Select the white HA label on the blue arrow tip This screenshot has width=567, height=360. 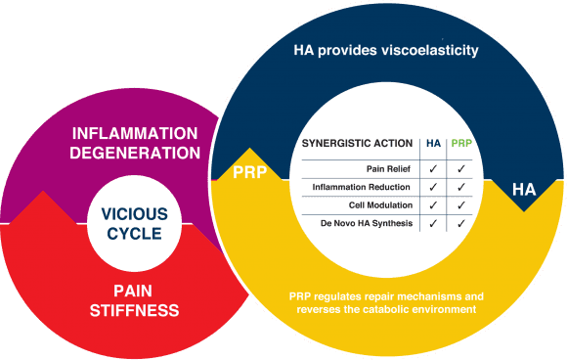(524, 190)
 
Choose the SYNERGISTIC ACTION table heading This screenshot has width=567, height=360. (360, 143)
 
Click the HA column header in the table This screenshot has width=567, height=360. (432, 143)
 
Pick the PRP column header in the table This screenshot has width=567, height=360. (459, 143)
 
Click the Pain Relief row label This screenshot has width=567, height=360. (388, 167)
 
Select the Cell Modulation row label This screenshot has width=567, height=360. (380, 204)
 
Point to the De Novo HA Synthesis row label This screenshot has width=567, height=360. (364, 224)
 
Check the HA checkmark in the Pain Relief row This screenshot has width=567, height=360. (432, 167)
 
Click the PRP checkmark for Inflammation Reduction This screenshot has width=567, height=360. (459, 186)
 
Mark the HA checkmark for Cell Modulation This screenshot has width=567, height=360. (432, 204)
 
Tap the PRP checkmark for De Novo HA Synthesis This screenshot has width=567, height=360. (459, 224)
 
